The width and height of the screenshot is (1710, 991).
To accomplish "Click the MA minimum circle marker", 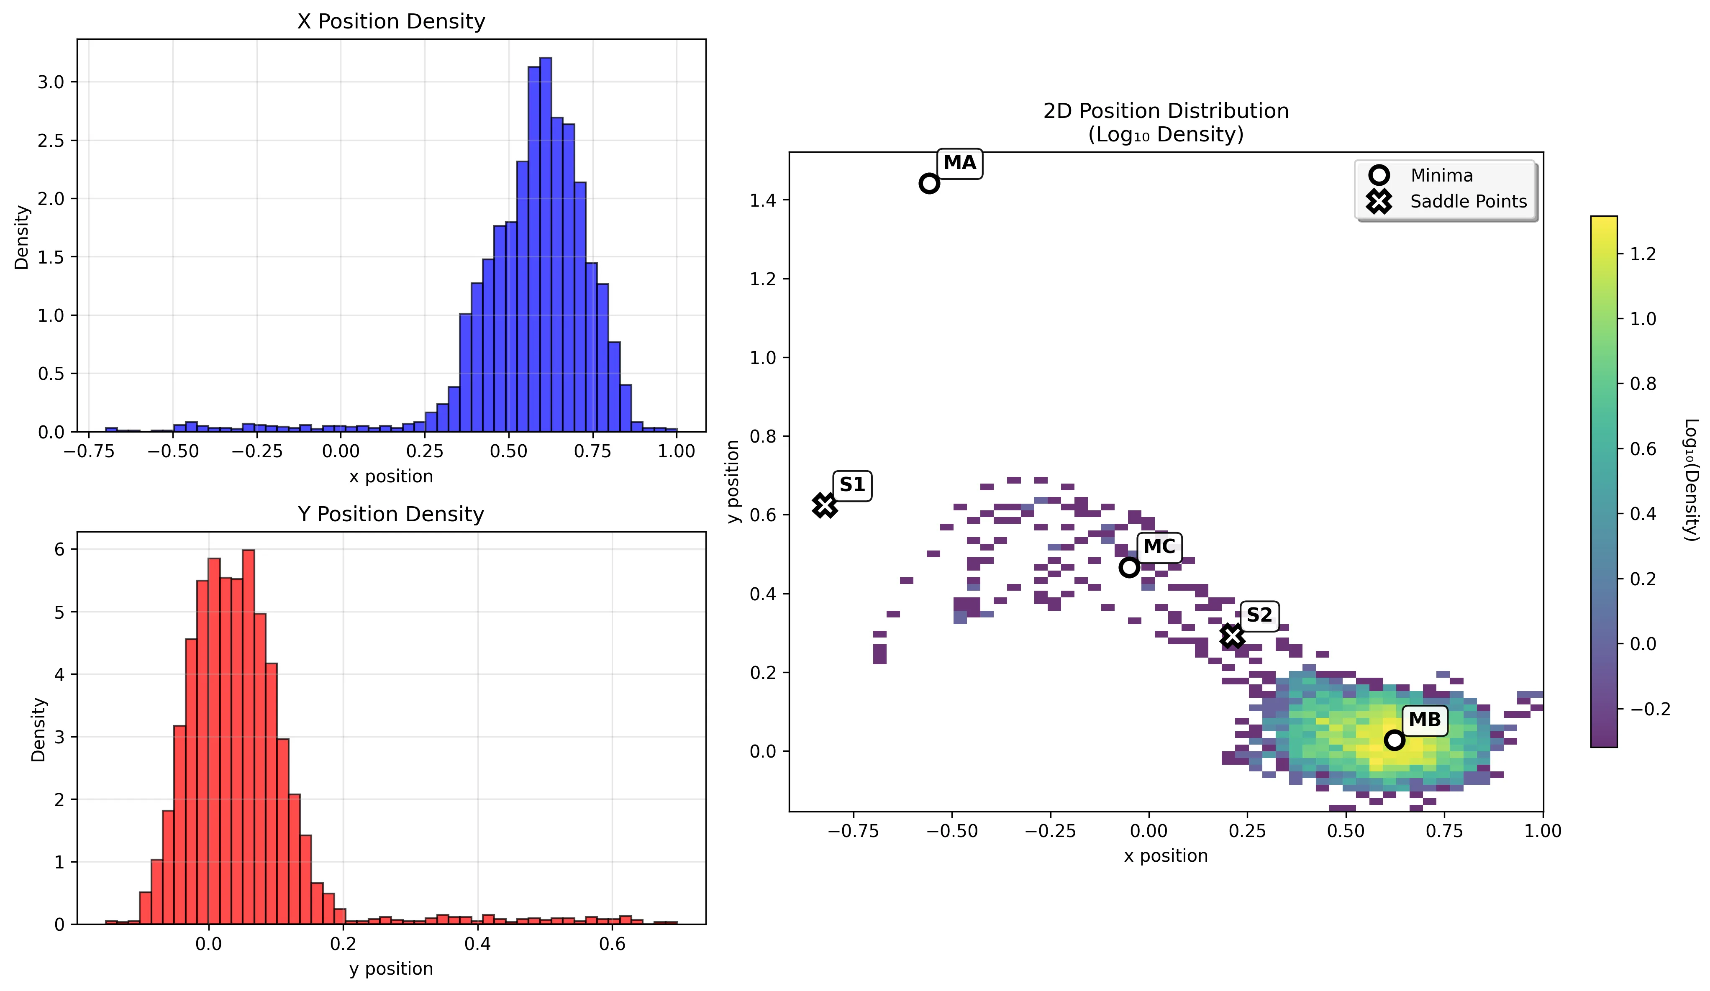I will pyautogui.click(x=929, y=183).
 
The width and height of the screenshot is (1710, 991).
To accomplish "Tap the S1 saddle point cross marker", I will pyautogui.click(x=825, y=505).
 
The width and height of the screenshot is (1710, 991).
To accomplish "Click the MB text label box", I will pyautogui.click(x=1424, y=720).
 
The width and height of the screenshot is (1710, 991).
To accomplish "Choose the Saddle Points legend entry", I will pyautogui.click(x=1468, y=202).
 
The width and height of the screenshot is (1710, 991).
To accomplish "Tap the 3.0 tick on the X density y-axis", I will pyautogui.click(x=51, y=82).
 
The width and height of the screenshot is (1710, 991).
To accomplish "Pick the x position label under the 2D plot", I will pyautogui.click(x=1166, y=856).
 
